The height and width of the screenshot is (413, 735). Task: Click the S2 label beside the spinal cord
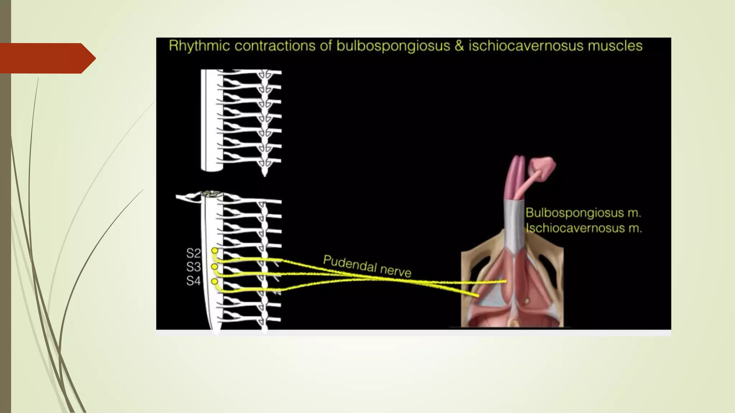pyautogui.click(x=193, y=253)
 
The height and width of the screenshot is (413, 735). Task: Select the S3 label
pyautogui.click(x=193, y=267)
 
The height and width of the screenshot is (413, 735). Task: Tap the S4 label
pyautogui.click(x=193, y=281)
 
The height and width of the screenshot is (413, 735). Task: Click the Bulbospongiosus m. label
pyautogui.click(x=583, y=213)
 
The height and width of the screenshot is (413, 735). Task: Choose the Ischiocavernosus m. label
pyautogui.click(x=584, y=228)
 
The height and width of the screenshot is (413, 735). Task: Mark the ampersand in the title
pyautogui.click(x=459, y=46)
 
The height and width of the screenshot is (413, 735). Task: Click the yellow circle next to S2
pyautogui.click(x=215, y=251)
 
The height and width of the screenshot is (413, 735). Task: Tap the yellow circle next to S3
pyautogui.click(x=215, y=267)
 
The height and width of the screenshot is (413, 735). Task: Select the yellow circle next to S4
pyautogui.click(x=215, y=282)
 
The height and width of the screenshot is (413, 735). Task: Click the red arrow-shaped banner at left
pyautogui.click(x=48, y=58)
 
